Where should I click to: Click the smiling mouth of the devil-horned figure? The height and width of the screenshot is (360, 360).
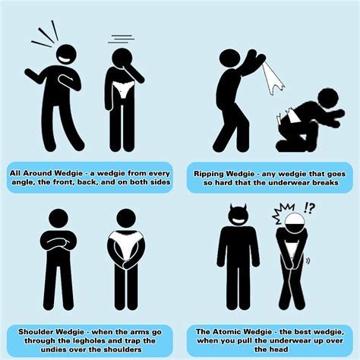[x=238, y=221]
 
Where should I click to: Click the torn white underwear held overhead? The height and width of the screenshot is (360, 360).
[x=272, y=77]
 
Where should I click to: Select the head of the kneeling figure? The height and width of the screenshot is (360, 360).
[x=328, y=99]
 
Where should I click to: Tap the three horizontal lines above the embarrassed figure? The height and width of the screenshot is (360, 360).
[x=121, y=39]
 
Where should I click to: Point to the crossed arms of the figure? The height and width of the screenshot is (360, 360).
[x=58, y=241]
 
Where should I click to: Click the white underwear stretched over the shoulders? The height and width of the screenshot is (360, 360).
[x=126, y=244]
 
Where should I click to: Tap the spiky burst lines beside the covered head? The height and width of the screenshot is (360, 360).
[x=282, y=213]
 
